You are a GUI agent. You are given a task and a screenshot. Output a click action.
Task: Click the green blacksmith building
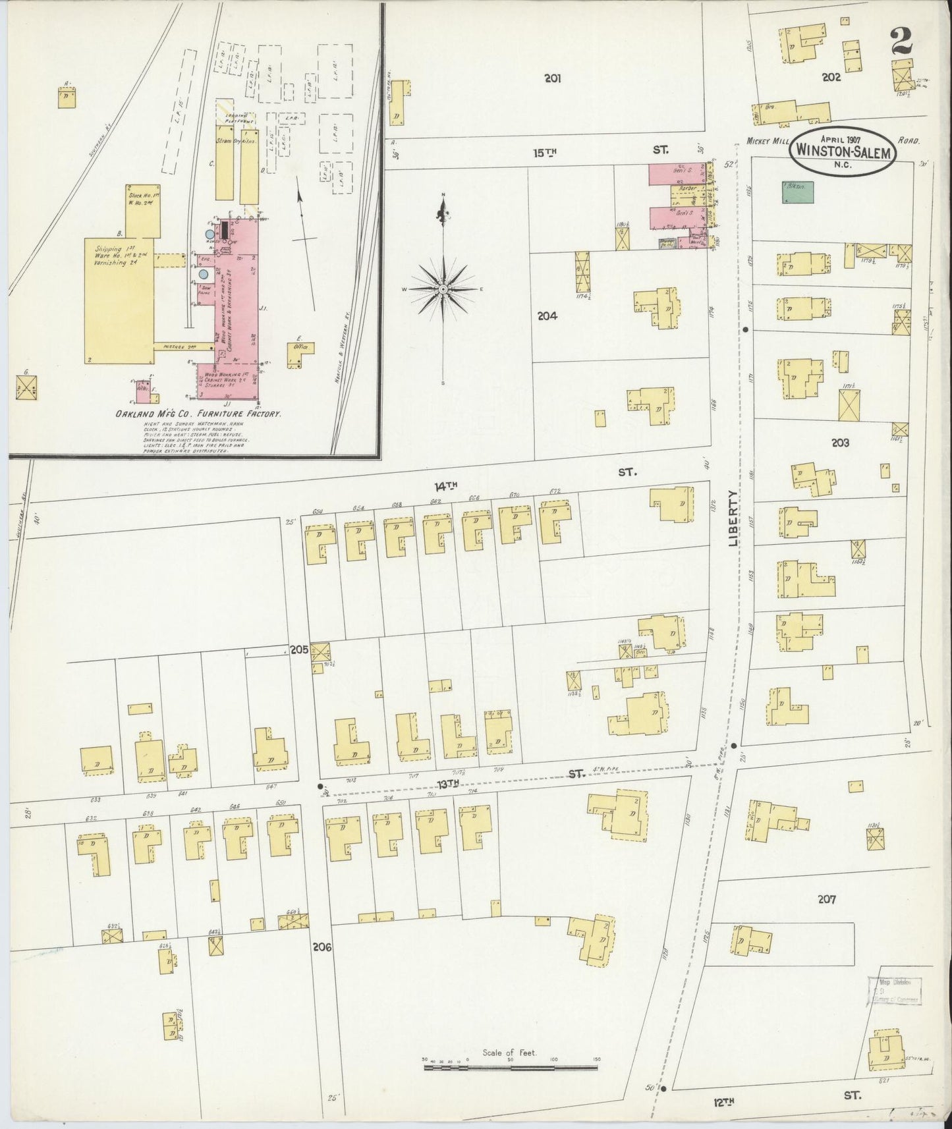(797, 192)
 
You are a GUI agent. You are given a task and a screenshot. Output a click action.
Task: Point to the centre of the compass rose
(443, 289)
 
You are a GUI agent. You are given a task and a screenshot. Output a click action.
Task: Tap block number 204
(547, 316)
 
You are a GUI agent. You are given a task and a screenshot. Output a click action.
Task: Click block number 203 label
(840, 443)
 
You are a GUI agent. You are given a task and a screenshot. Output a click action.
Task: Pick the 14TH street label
(445, 485)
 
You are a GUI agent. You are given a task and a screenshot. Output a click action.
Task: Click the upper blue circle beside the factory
(209, 233)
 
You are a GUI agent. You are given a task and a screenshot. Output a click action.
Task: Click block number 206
(322, 947)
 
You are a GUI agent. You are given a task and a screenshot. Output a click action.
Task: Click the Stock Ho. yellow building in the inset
(143, 209)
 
